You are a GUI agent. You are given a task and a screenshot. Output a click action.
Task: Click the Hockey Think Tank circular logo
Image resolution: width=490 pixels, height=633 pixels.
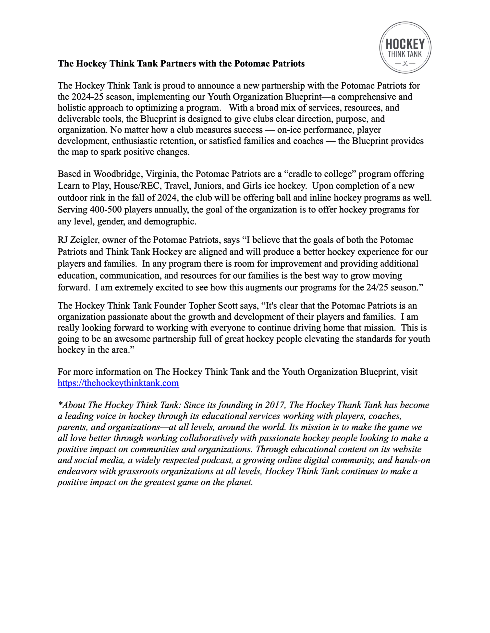tap(405, 47)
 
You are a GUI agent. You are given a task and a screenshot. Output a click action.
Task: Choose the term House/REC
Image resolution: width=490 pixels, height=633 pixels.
tap(137, 186)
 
